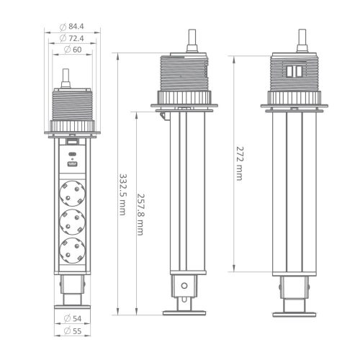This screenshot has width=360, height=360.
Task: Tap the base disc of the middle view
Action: (x=186, y=312)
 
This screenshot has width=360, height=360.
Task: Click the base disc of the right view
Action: (x=295, y=312)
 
